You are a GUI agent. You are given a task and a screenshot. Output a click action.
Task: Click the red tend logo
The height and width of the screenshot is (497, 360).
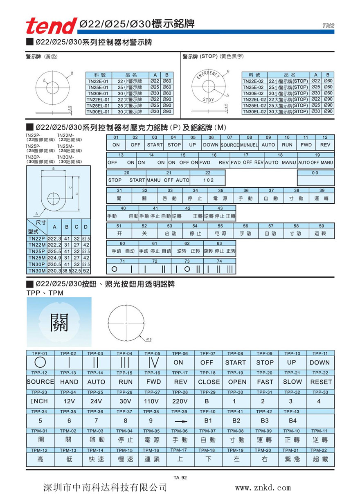51,25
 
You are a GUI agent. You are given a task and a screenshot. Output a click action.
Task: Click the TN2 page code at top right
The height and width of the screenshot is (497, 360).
328,25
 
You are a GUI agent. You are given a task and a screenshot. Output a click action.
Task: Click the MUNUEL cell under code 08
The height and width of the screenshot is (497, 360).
249,145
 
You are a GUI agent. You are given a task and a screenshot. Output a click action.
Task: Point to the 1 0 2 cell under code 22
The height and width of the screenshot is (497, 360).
208,180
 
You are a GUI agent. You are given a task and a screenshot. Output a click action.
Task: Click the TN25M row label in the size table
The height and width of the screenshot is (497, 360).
37,258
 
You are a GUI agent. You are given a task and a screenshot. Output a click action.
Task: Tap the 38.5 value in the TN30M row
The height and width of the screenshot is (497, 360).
66,271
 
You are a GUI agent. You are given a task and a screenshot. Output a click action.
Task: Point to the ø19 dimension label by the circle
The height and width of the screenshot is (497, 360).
148,340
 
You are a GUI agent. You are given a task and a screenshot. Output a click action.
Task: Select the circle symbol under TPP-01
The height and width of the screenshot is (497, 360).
40,362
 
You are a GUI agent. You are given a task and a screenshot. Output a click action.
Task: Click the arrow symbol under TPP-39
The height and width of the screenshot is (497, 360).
179,421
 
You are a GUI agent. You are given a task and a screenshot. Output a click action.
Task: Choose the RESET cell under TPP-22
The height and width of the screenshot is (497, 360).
321,382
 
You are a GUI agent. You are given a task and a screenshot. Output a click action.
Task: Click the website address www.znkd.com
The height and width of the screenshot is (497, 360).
263,488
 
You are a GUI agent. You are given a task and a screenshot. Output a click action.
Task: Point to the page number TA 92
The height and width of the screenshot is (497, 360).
180,477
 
